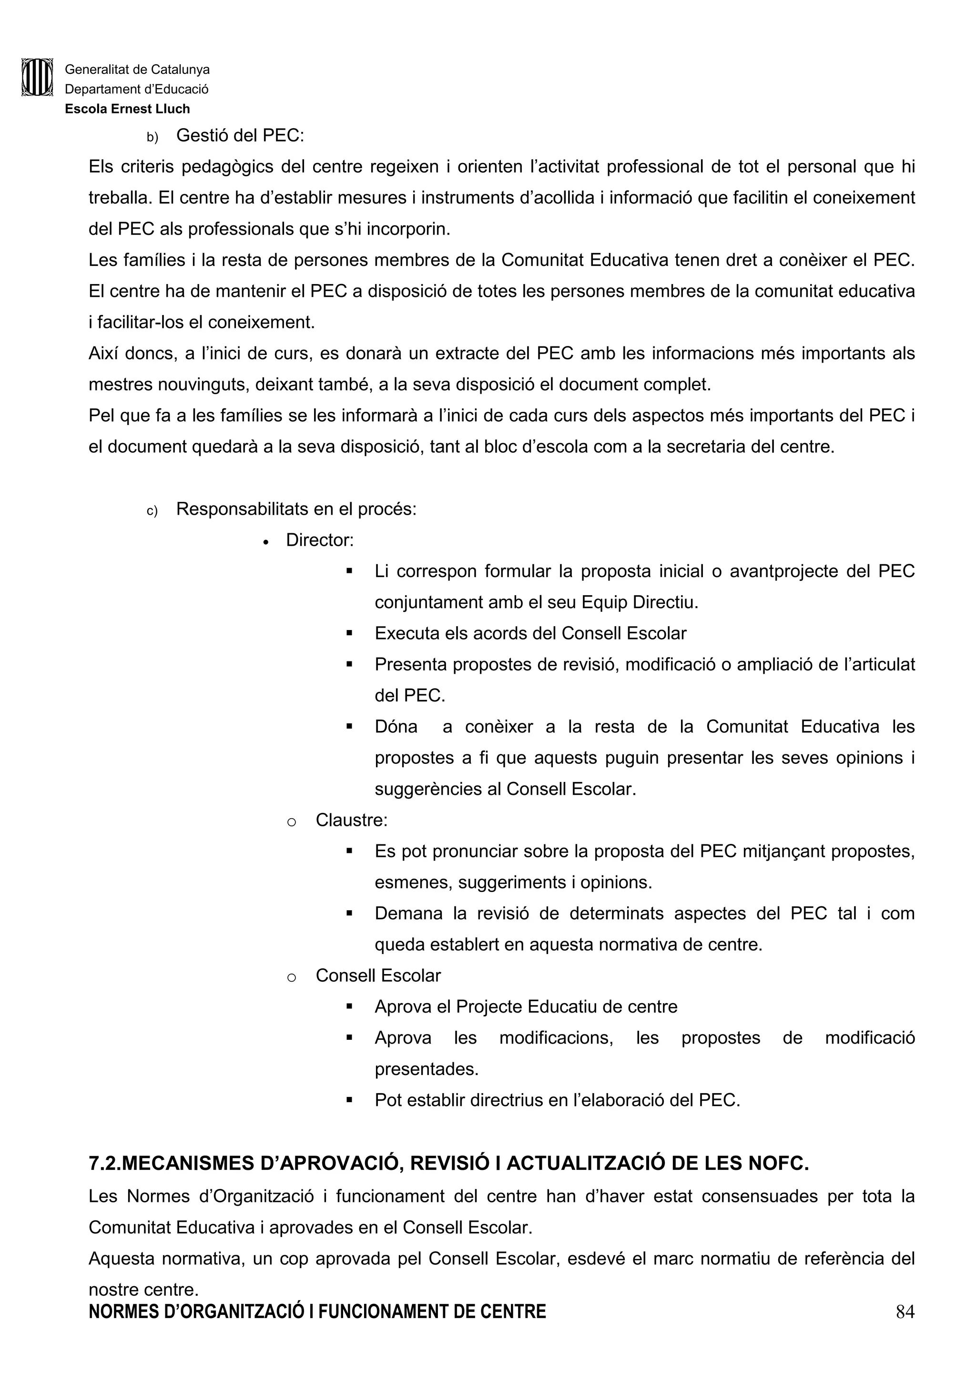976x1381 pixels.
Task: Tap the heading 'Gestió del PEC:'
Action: pos(240,135)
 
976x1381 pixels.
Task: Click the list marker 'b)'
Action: pos(152,138)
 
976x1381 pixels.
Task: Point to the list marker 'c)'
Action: pos(152,511)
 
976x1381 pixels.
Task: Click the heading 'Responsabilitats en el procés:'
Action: pos(296,509)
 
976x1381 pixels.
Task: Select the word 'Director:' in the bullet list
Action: pos(320,540)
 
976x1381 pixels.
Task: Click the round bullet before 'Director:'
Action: pos(266,542)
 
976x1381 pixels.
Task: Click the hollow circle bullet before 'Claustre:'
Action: pos(291,822)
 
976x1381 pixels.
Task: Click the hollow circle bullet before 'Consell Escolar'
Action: pos(291,978)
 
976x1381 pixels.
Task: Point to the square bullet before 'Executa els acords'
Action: pos(349,633)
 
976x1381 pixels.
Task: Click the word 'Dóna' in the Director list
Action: pos(396,727)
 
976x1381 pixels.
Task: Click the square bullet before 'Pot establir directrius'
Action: pos(349,1101)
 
